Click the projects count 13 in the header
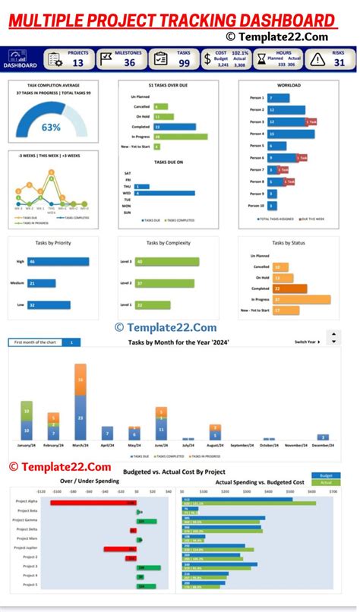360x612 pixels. [x=77, y=63]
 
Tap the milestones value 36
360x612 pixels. [x=130, y=63]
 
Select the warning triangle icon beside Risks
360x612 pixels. [x=317, y=59]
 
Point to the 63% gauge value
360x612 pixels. [x=51, y=127]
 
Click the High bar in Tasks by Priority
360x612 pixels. [x=58, y=262]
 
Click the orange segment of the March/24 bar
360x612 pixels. [x=81, y=379]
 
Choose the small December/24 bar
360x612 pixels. [x=323, y=437]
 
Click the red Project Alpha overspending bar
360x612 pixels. [x=93, y=502]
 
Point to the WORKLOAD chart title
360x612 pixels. [x=289, y=85]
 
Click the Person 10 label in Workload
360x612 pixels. [x=256, y=205]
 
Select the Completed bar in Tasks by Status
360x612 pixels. [x=290, y=289]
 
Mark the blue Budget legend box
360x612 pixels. [x=326, y=475]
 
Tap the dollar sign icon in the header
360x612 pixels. [x=207, y=58]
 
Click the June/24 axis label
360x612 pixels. [x=161, y=446]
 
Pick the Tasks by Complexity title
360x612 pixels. [x=167, y=243]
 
